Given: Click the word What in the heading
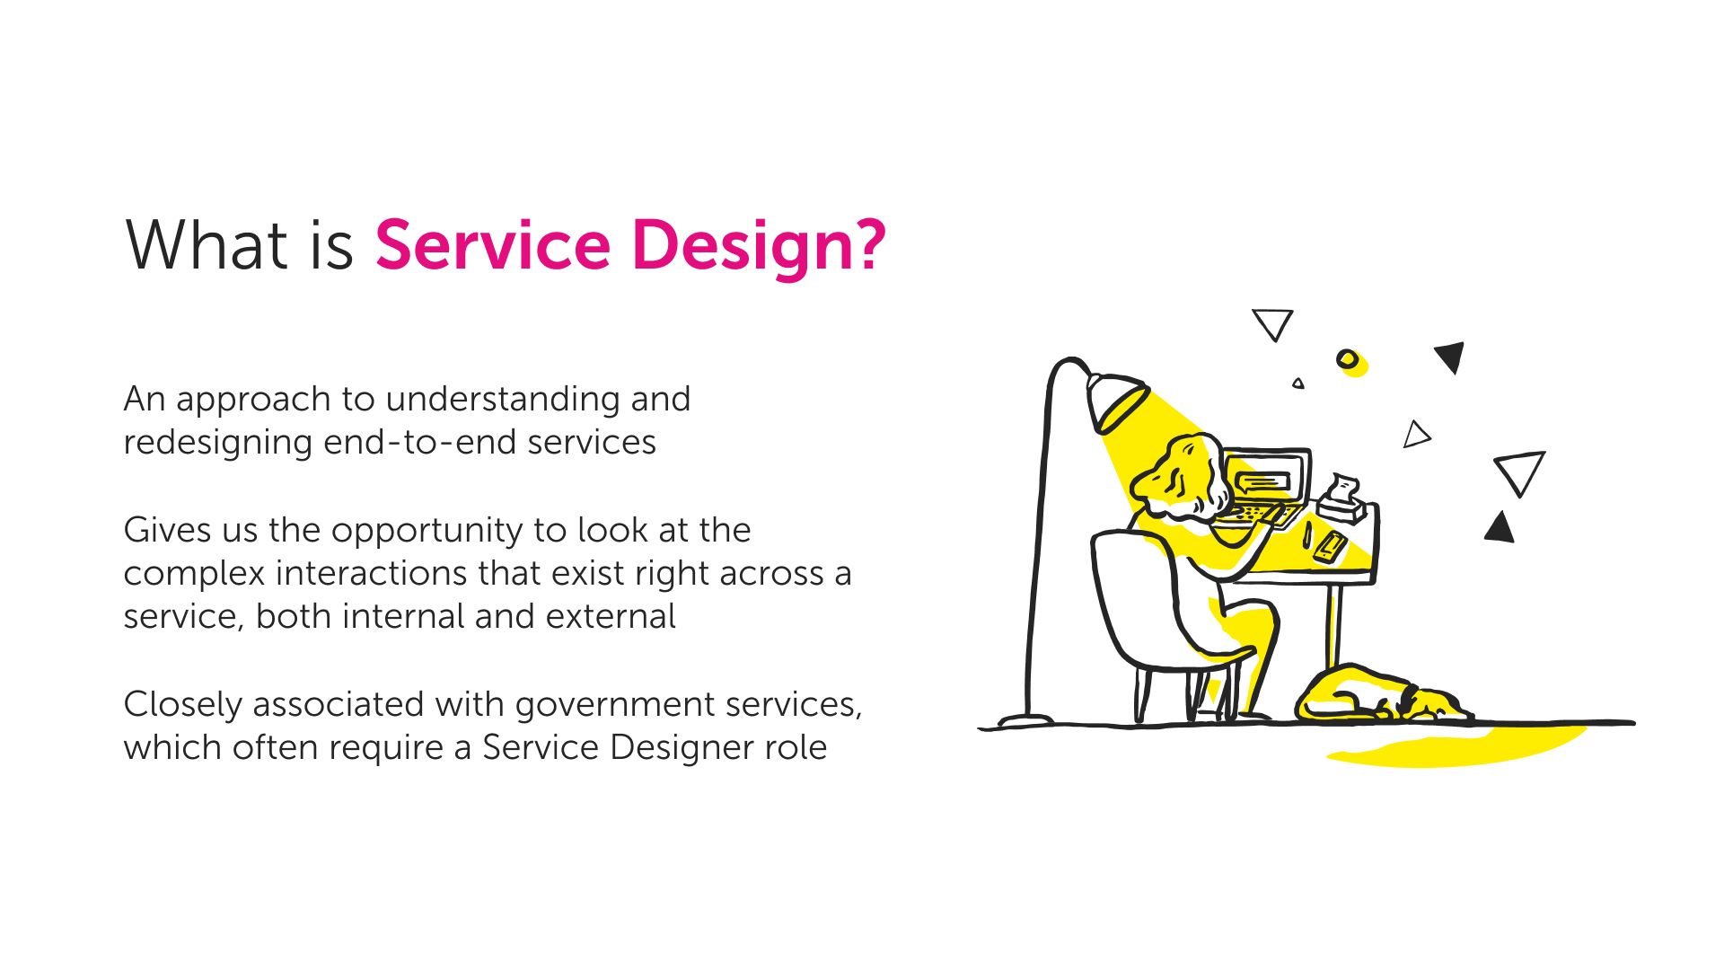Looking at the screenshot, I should [206, 245].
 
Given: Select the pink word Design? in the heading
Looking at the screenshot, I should [758, 245].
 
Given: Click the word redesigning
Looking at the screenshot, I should [217, 443].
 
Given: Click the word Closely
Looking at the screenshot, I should [182, 705].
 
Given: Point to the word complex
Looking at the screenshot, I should [194, 574].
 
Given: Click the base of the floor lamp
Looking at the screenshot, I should [1025, 719].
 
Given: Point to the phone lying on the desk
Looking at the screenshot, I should [1330, 546].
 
